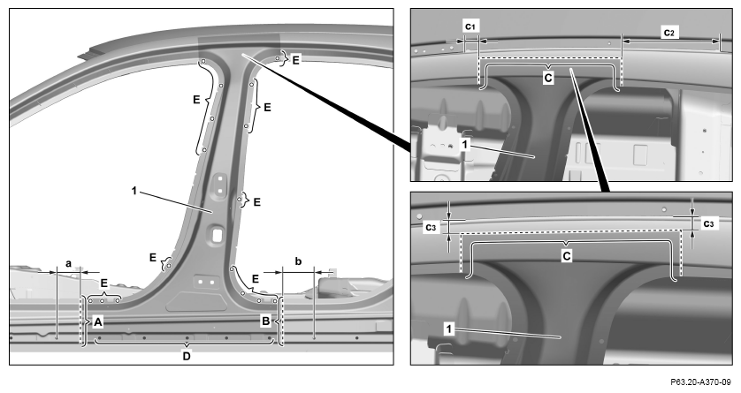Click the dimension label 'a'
68,264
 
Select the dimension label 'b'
298,261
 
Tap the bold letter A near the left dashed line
98,322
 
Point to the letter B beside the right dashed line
266,321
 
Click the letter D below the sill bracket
187,356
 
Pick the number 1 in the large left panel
134,191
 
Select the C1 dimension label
470,26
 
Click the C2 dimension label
668,33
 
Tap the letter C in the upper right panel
548,78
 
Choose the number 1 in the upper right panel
464,144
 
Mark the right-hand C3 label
708,223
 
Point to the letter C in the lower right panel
567,256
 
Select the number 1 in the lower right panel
449,329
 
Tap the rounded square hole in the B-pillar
217,235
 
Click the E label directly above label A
104,283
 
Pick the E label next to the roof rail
296,60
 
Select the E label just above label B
256,279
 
